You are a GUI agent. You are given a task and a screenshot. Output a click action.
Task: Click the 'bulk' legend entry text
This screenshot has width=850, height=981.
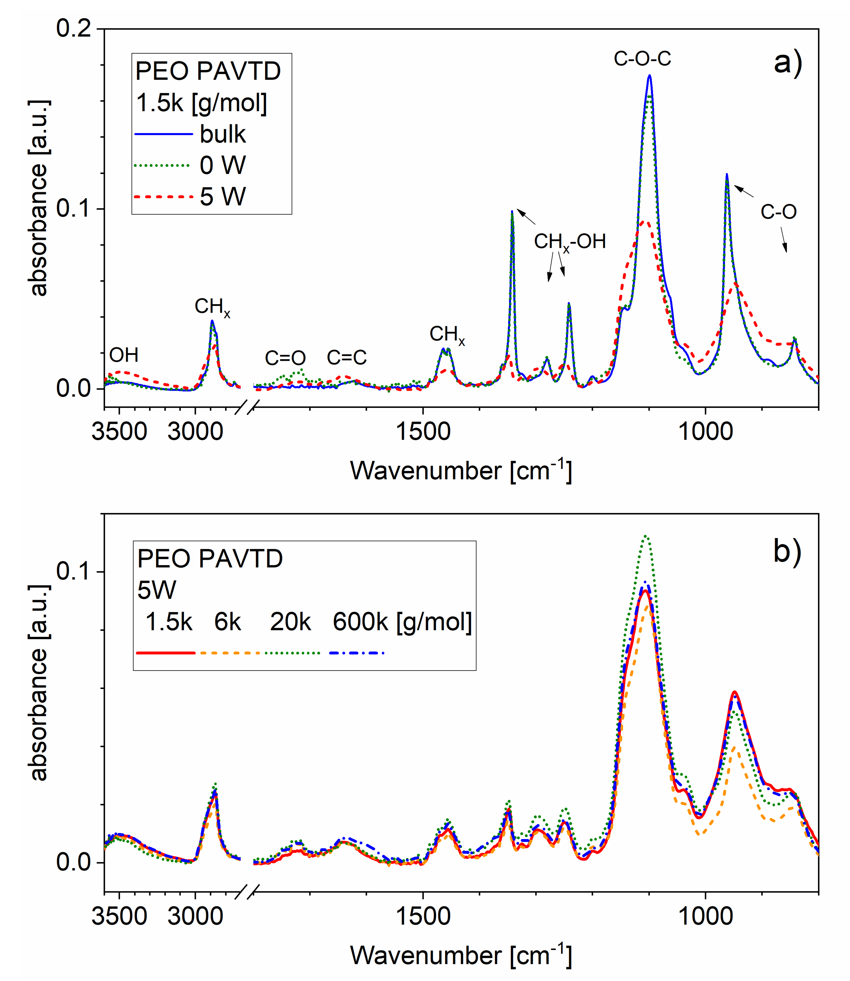tap(223, 134)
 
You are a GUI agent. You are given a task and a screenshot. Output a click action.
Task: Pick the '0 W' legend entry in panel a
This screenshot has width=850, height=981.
tap(223, 165)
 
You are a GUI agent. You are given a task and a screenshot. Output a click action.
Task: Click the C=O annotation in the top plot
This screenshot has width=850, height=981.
tap(285, 358)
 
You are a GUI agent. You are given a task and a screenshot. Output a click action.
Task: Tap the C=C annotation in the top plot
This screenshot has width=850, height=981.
tap(347, 357)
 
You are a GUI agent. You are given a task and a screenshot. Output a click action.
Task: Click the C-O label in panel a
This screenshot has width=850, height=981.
tap(778, 212)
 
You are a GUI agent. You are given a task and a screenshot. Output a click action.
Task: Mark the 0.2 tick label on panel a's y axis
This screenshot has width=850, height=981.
tap(74, 29)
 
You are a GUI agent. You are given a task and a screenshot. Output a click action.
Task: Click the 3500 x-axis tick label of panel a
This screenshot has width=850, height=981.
tap(119, 431)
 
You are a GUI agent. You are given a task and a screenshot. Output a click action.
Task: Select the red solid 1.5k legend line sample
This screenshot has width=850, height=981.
tap(165, 653)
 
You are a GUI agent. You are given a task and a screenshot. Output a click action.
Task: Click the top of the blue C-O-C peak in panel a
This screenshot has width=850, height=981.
tap(649, 76)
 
